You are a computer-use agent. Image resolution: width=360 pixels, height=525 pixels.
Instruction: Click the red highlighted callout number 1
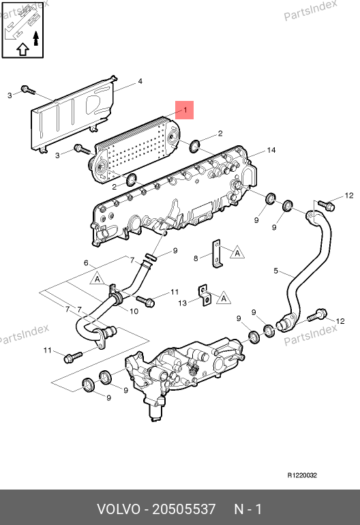tap(185, 110)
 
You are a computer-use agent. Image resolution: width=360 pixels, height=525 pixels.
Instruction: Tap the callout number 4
tap(140, 81)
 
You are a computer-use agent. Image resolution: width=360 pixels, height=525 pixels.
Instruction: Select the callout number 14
tap(271, 150)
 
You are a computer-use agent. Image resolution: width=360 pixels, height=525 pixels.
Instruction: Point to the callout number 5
tap(275, 271)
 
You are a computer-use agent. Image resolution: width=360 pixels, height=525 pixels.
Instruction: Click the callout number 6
tap(86, 262)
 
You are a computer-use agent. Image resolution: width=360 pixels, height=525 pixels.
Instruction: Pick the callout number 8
tap(196, 258)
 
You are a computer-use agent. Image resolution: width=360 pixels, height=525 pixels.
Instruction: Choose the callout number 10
tap(134, 312)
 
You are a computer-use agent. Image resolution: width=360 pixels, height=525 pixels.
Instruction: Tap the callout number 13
tap(182, 303)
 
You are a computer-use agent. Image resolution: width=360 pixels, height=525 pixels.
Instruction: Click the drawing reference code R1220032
tap(302, 475)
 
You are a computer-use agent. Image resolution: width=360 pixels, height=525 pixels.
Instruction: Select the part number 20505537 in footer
tap(184, 509)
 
